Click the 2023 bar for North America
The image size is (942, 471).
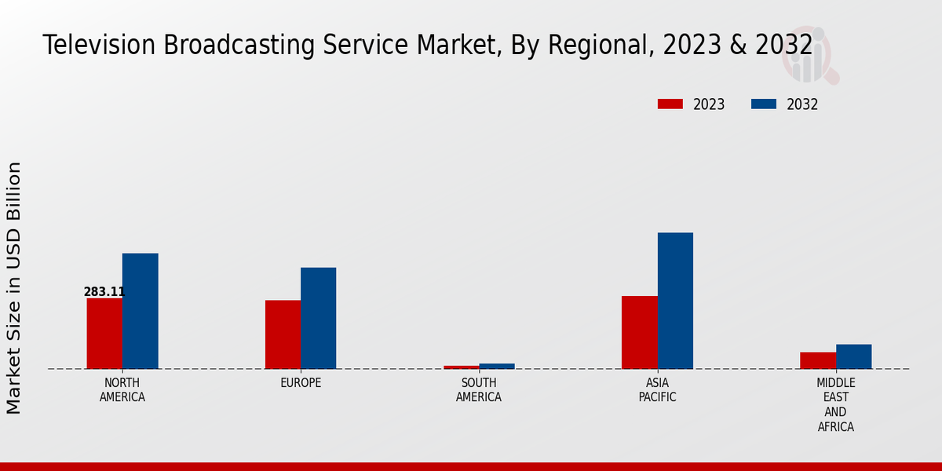coord(104,334)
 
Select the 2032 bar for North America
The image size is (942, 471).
coord(140,311)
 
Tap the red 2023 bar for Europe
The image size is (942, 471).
coord(283,334)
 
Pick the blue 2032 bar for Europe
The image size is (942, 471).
coord(318,318)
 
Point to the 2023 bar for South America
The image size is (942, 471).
coord(461,367)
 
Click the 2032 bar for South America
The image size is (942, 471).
coord(497,366)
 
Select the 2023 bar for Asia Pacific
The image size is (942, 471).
coord(639,332)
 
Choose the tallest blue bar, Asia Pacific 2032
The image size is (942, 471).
coord(675,301)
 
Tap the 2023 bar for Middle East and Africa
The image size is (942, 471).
coord(817,360)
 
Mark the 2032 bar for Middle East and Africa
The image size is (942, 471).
coord(853,356)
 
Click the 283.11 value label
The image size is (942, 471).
coord(104,292)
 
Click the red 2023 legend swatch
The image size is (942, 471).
coord(670,104)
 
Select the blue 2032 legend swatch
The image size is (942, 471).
coord(764,104)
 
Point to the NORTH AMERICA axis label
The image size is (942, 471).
coord(122,390)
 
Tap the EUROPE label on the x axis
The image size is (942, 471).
coord(301,383)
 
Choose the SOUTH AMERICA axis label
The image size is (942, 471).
coord(479,390)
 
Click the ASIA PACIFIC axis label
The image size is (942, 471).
coord(657,390)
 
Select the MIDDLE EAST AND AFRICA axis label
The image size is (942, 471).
coord(835,405)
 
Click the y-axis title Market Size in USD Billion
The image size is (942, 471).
coord(14,287)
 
